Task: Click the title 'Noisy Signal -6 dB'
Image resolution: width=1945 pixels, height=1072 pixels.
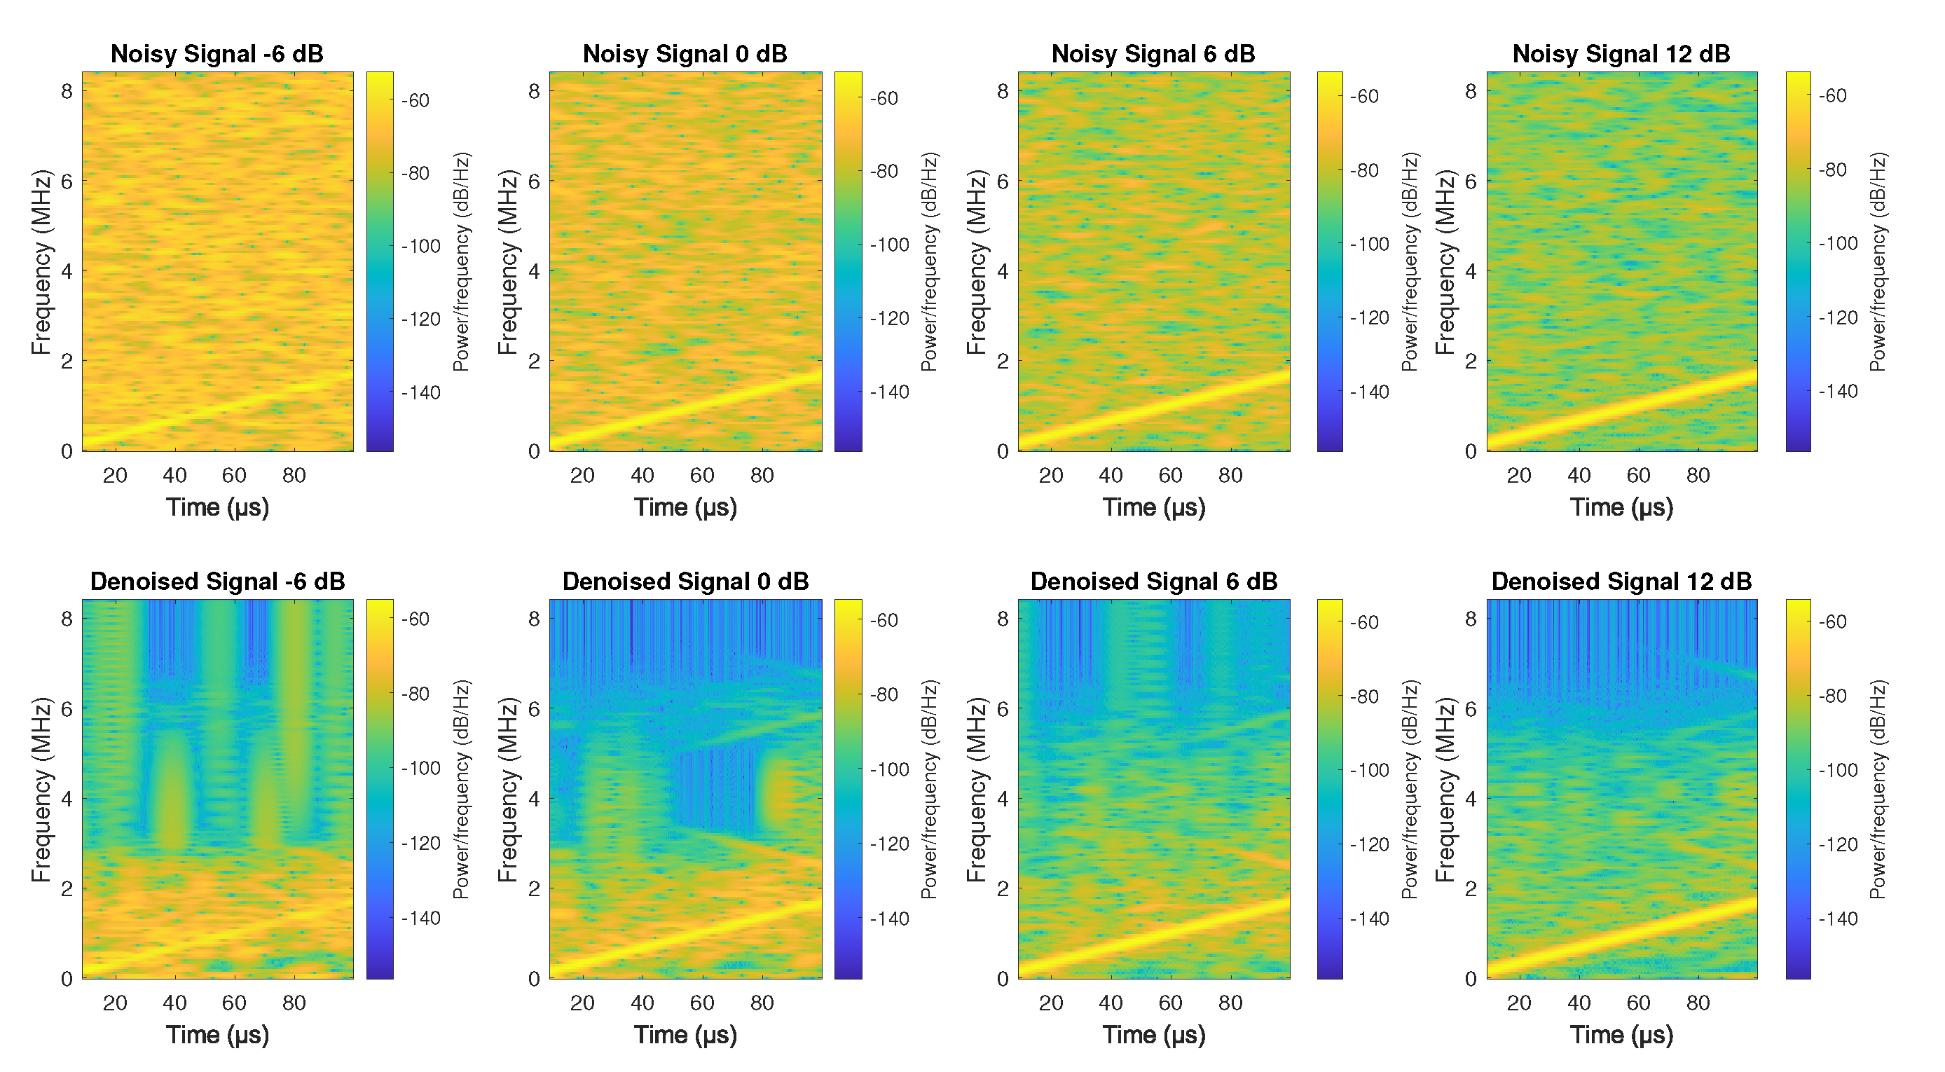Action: tap(217, 53)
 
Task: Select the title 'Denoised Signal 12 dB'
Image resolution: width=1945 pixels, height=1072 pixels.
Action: tap(1621, 582)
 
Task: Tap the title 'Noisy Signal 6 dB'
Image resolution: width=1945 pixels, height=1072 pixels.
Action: tap(1153, 53)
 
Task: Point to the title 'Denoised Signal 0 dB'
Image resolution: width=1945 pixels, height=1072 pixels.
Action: tap(685, 582)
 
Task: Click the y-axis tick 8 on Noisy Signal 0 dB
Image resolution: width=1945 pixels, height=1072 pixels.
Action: tap(534, 91)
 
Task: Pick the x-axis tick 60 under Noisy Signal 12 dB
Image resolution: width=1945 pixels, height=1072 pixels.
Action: tap(1637, 476)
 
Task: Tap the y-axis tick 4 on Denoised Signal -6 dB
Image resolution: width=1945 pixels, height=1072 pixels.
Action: tap(67, 799)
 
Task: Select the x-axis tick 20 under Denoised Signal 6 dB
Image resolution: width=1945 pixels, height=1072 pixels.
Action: tap(1050, 1003)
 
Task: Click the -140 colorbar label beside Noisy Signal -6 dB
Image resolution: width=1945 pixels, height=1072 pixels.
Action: tap(420, 392)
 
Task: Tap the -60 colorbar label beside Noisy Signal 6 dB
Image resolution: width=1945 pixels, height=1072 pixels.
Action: tap(1364, 97)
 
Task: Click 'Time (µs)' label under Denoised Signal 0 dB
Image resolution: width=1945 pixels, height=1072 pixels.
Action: tap(685, 1035)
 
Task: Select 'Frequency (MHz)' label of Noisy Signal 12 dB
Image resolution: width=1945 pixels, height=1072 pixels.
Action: tap(1445, 262)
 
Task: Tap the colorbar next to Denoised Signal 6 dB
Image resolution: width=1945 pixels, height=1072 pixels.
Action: tap(1330, 789)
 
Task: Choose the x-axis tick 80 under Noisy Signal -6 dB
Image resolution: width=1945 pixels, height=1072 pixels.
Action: tap(294, 476)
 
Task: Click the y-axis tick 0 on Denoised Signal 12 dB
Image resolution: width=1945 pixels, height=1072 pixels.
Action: tap(1470, 979)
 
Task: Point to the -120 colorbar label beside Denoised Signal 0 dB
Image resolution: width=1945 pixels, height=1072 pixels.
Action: tap(888, 844)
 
